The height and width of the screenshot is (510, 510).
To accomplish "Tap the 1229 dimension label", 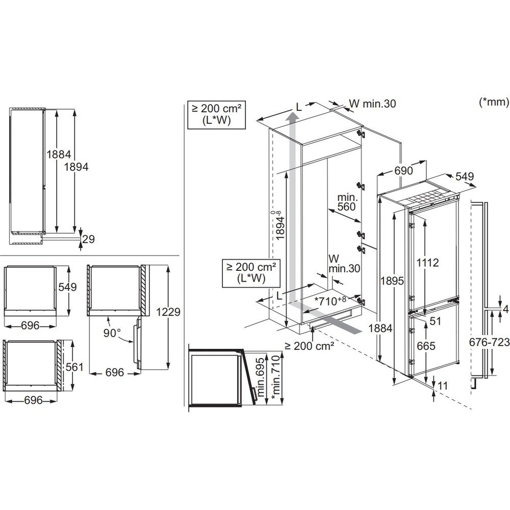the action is click(x=168, y=312).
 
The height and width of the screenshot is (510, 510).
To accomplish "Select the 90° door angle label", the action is click(x=112, y=333).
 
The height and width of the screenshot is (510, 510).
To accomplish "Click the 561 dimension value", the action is click(x=74, y=367).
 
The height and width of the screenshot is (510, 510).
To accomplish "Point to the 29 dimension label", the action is click(x=88, y=239).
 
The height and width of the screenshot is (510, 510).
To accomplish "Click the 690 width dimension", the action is click(x=403, y=170).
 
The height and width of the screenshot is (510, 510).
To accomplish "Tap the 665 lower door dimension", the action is click(x=426, y=345).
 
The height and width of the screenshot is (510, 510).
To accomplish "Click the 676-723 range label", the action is click(x=489, y=342).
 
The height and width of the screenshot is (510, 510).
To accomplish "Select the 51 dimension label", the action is click(x=435, y=321).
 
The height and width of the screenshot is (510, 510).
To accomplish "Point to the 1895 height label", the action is click(x=392, y=280).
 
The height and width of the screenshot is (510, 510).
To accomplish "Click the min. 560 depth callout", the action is click(x=347, y=202).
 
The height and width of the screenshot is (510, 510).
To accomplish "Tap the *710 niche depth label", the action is click(x=330, y=300).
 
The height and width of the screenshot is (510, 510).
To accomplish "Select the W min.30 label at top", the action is click(x=372, y=104).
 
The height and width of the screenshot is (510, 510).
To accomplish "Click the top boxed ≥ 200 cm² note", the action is click(x=216, y=114).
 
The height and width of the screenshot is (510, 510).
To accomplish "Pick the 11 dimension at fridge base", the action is click(x=443, y=386).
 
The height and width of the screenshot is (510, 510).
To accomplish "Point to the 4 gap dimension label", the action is click(x=505, y=310).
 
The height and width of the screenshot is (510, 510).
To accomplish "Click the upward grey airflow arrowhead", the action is click(x=292, y=116).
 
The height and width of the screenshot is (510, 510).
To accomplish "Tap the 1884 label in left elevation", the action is click(x=59, y=154).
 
